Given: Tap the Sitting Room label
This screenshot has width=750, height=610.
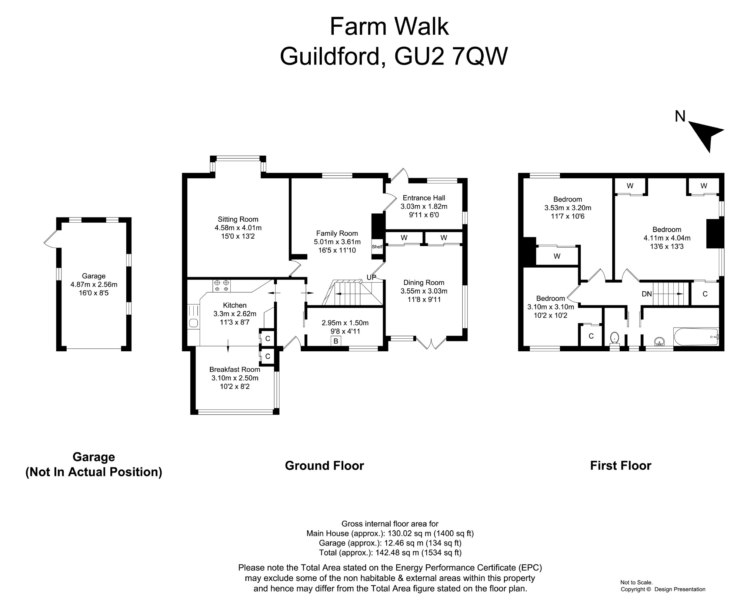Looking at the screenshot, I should (x=238, y=219).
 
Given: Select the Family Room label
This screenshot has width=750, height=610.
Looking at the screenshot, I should (x=337, y=233).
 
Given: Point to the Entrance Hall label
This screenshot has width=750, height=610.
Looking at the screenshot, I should (x=424, y=198).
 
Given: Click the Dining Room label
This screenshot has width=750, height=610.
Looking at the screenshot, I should (x=424, y=282).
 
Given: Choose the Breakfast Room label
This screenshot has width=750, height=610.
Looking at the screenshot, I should (x=235, y=369).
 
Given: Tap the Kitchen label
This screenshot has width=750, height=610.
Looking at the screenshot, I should (x=235, y=305).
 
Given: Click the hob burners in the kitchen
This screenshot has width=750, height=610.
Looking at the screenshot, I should (x=221, y=285).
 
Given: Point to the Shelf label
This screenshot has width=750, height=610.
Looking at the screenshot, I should (x=377, y=247).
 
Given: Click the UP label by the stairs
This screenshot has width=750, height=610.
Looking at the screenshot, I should (x=371, y=278).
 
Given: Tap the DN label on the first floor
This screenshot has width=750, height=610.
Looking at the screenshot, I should (x=647, y=294).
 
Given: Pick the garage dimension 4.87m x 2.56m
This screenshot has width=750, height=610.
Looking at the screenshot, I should (x=94, y=285).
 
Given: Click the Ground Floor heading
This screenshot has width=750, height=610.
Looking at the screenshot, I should (x=324, y=465).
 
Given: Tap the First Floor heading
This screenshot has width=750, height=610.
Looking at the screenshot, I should (x=621, y=465).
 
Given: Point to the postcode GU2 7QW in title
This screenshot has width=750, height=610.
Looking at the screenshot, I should (x=451, y=57).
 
